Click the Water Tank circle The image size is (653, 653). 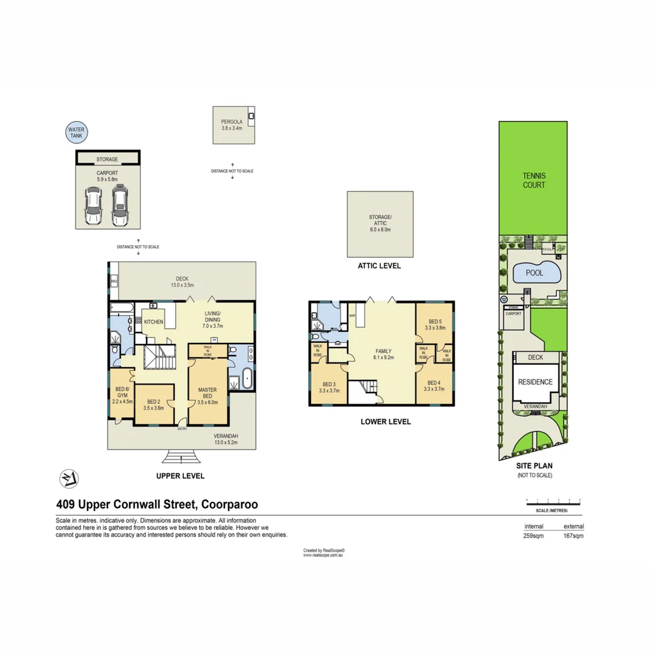click(77, 134)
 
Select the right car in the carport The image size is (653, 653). click(120, 205)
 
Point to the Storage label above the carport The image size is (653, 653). click(107, 160)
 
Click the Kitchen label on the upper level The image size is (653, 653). click(154, 322)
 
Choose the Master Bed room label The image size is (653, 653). click(207, 394)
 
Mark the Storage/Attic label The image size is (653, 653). click(380, 223)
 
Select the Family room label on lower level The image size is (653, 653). click(383, 354)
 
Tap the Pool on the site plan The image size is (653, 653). click(534, 273)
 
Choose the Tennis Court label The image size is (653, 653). click(534, 181)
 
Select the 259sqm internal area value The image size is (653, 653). click(533, 536)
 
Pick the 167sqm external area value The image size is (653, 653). click(573, 536)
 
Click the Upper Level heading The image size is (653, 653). click(180, 476)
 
